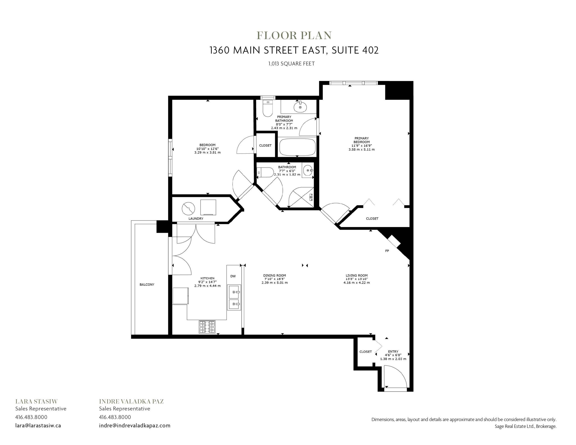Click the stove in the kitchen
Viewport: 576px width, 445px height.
pos(207,327)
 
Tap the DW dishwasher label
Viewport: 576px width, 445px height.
pos(233,276)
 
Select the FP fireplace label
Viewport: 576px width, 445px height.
pos(387,251)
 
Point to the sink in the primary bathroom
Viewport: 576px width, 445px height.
pos(300,107)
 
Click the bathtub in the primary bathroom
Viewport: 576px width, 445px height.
pos(297,147)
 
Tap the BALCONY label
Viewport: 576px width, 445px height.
pos(147,284)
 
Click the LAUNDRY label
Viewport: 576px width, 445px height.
pos(196,218)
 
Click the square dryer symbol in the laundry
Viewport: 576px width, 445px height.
pos(208,207)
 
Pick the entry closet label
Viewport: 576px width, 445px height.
pos(366,352)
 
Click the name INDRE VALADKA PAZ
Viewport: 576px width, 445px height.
pos(131,402)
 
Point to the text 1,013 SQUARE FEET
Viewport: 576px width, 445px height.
pos(291,64)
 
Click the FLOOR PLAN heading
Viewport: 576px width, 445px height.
pos(294,35)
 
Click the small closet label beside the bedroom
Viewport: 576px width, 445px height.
pos(265,145)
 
